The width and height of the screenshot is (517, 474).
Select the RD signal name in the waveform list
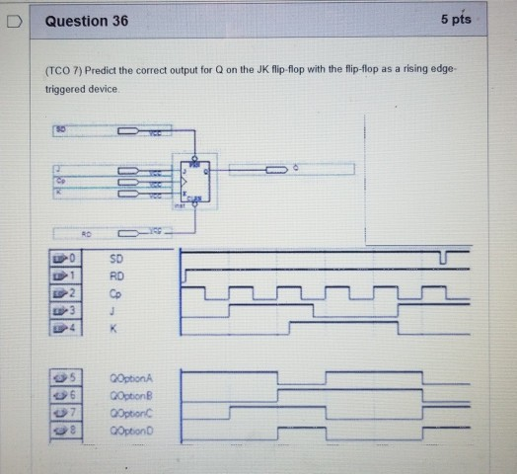tap(116, 275)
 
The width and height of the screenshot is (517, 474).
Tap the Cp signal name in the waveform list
tap(115, 291)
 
